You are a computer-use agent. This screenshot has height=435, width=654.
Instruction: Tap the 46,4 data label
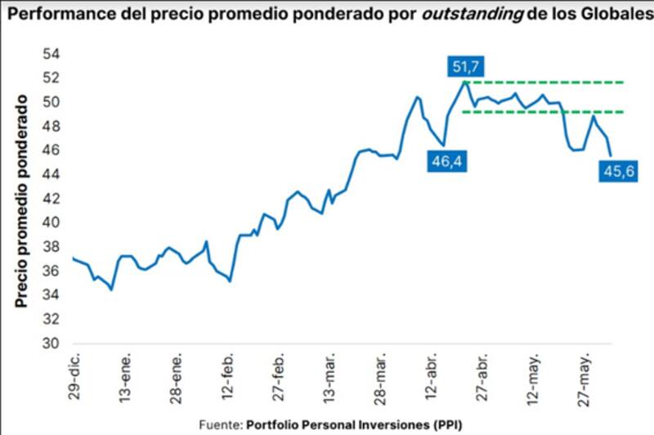[446, 162]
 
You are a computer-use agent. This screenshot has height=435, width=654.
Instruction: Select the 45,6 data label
[618, 172]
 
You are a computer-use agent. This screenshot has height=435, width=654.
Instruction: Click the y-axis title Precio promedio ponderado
[22, 199]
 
